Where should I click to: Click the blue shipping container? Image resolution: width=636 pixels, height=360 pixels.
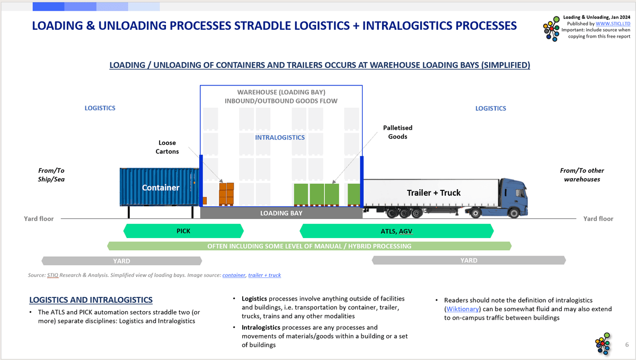[x=159, y=187]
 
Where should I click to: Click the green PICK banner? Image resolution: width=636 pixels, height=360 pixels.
[x=183, y=231]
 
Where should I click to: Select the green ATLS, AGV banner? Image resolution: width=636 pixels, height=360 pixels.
[x=396, y=231]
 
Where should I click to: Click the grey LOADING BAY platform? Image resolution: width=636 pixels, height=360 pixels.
[x=281, y=213]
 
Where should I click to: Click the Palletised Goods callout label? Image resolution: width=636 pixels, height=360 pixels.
[x=397, y=133]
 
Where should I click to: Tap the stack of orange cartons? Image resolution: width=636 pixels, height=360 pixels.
[x=227, y=195]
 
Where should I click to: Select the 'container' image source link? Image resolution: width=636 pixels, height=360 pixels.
[x=234, y=275]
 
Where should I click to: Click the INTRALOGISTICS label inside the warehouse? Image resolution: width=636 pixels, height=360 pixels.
[x=280, y=137]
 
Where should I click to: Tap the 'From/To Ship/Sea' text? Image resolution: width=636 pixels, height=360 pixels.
[x=51, y=175]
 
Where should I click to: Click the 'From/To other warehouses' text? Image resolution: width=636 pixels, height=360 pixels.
[x=582, y=175]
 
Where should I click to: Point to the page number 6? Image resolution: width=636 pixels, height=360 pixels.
[x=627, y=345]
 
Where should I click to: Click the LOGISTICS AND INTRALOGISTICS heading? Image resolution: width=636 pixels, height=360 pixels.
[x=91, y=300]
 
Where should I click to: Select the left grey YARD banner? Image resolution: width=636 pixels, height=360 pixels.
[x=121, y=261]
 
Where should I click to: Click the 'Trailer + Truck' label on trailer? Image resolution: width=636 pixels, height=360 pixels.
[x=434, y=192]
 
